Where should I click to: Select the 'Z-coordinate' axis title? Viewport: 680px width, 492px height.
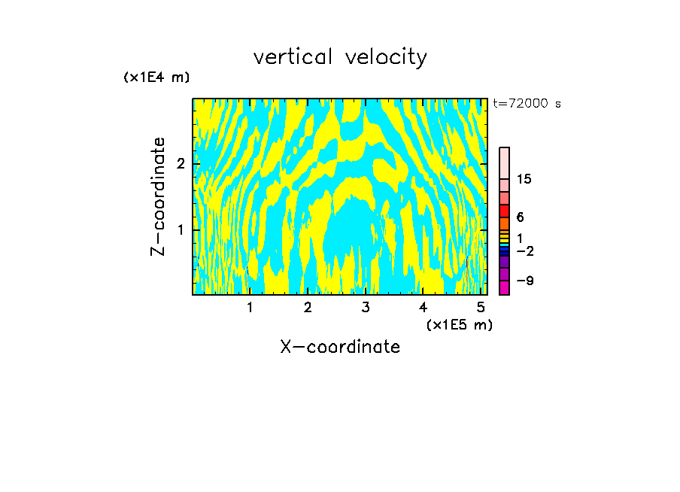158,196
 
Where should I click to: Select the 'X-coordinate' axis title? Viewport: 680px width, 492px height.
340,347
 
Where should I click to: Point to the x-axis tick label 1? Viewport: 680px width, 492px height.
250,307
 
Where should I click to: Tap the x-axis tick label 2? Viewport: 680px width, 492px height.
308,307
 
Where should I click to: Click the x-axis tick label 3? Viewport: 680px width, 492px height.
366,307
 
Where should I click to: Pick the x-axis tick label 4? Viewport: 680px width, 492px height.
423,307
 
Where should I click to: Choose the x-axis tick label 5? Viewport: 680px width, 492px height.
481,307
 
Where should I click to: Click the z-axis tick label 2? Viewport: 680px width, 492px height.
181,164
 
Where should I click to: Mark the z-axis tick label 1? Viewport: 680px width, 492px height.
181,229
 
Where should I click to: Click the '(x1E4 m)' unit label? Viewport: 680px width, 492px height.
156,77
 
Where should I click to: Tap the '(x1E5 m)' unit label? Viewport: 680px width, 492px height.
459,324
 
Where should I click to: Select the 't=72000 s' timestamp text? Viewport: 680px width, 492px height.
527,104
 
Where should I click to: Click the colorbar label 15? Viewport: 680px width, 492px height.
524,180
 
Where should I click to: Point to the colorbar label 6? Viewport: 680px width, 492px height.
520,217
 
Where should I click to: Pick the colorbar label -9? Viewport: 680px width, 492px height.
524,281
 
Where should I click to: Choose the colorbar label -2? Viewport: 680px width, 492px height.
524,251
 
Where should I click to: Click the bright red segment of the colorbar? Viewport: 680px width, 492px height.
504,211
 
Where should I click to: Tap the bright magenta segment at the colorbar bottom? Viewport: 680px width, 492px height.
504,287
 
